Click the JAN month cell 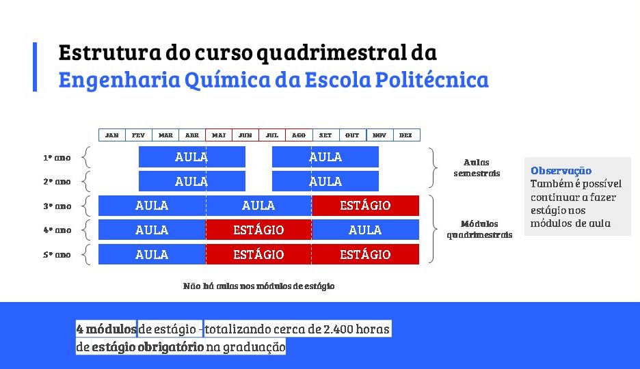point(112,135)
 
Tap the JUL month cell point(272,135)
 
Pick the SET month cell point(325,135)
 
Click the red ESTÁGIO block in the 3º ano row point(365,206)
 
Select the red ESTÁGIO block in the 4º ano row point(258,230)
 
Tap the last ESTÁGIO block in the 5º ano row point(365,254)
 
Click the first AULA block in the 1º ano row point(192,157)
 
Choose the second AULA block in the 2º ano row point(325,181)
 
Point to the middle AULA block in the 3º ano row point(258,206)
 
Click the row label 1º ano point(57,158)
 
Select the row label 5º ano point(57,255)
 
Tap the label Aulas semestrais point(477,167)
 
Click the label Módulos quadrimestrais point(479,229)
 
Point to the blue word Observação point(561,170)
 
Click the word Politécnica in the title point(432,79)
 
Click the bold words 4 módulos point(106,329)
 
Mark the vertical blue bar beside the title point(35,67)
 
